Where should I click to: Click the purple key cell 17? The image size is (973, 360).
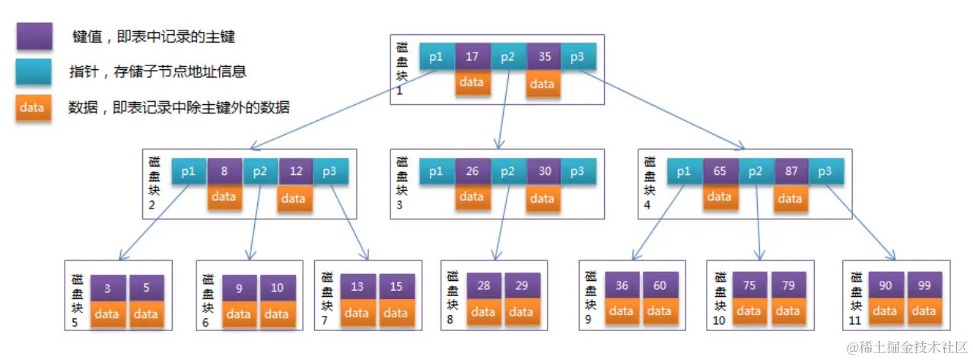click(x=472, y=56)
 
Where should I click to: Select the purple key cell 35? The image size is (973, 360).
click(x=543, y=56)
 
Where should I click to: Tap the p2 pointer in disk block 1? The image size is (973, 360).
click(x=507, y=56)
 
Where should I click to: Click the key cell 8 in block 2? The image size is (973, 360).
click(x=224, y=172)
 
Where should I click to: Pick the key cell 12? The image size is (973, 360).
click(x=296, y=172)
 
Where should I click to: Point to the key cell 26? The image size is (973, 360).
click(x=472, y=171)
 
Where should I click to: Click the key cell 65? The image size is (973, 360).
click(x=720, y=172)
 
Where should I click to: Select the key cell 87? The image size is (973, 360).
click(x=791, y=172)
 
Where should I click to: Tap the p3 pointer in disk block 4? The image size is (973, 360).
click(x=825, y=172)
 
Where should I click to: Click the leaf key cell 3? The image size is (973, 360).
click(x=107, y=288)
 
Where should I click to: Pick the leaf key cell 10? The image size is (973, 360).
click(x=277, y=288)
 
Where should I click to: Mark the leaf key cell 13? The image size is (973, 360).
click(x=357, y=286)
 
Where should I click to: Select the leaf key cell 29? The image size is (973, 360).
click(x=522, y=285)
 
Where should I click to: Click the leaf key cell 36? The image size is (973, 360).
click(x=622, y=286)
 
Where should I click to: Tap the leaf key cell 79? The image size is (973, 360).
click(x=787, y=286)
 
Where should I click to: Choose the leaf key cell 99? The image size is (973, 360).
click(x=924, y=285)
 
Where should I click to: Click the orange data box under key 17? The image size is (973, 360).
click(x=472, y=81)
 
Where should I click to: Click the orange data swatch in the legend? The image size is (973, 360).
click(x=32, y=107)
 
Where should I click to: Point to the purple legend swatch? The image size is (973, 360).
click(x=32, y=36)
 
